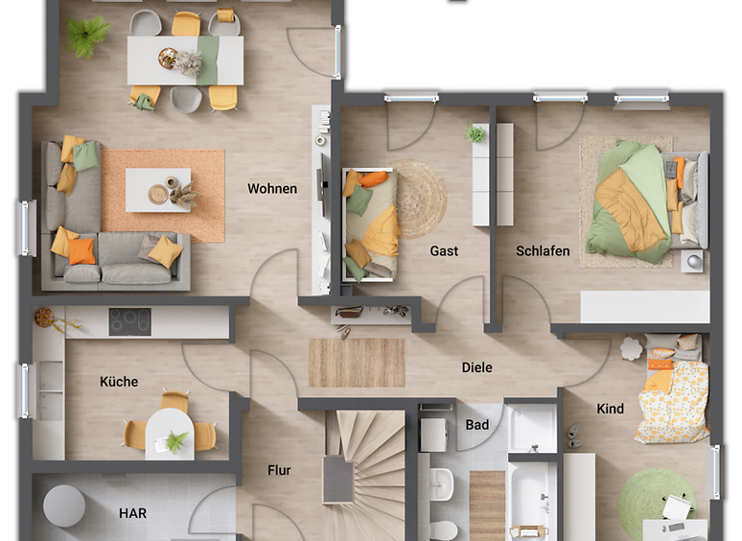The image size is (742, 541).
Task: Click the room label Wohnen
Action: pyautogui.click(x=271, y=188)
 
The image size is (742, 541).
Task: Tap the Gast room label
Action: pyautogui.click(x=444, y=251)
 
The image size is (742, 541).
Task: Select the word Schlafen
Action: pyautogui.click(x=543, y=251)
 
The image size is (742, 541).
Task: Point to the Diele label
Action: pyautogui.click(x=477, y=367)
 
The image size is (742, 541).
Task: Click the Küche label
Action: pyautogui.click(x=119, y=382)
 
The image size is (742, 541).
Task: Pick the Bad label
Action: pyautogui.click(x=477, y=424)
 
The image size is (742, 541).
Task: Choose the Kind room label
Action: pyautogui.click(x=610, y=409)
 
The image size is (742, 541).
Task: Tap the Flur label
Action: pyautogui.click(x=279, y=470)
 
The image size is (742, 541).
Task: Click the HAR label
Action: pyautogui.click(x=132, y=513)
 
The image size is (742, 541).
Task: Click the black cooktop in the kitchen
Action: pyautogui.click(x=129, y=322)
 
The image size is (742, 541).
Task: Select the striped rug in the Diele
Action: pyautogui.click(x=357, y=362)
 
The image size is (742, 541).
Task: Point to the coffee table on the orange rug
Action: pyautogui.click(x=158, y=189)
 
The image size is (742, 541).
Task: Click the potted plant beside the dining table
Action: pyautogui.click(x=88, y=36)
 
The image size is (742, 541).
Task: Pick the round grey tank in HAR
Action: pyautogui.click(x=64, y=504)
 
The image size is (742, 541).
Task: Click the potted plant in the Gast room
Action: pyautogui.click(x=475, y=134)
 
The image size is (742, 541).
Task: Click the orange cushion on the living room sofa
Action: pyautogui.click(x=82, y=251)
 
